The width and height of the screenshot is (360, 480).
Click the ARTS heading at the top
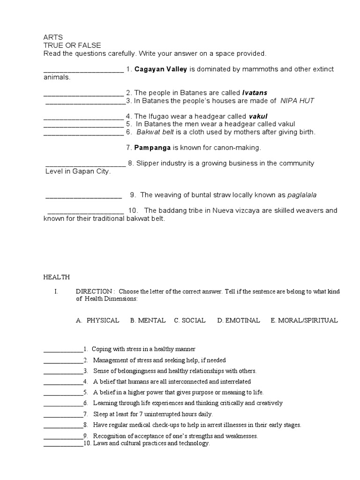click(x=52, y=37)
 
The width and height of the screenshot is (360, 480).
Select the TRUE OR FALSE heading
click(x=72, y=45)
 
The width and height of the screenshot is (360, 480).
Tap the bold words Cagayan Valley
click(x=161, y=69)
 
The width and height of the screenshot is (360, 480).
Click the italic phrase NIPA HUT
click(x=297, y=101)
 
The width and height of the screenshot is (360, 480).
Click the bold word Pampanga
click(x=152, y=148)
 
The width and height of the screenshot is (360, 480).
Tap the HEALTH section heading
click(x=57, y=277)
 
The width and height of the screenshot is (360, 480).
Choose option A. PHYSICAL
click(x=97, y=321)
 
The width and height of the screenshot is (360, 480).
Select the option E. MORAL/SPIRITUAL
click(x=304, y=321)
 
